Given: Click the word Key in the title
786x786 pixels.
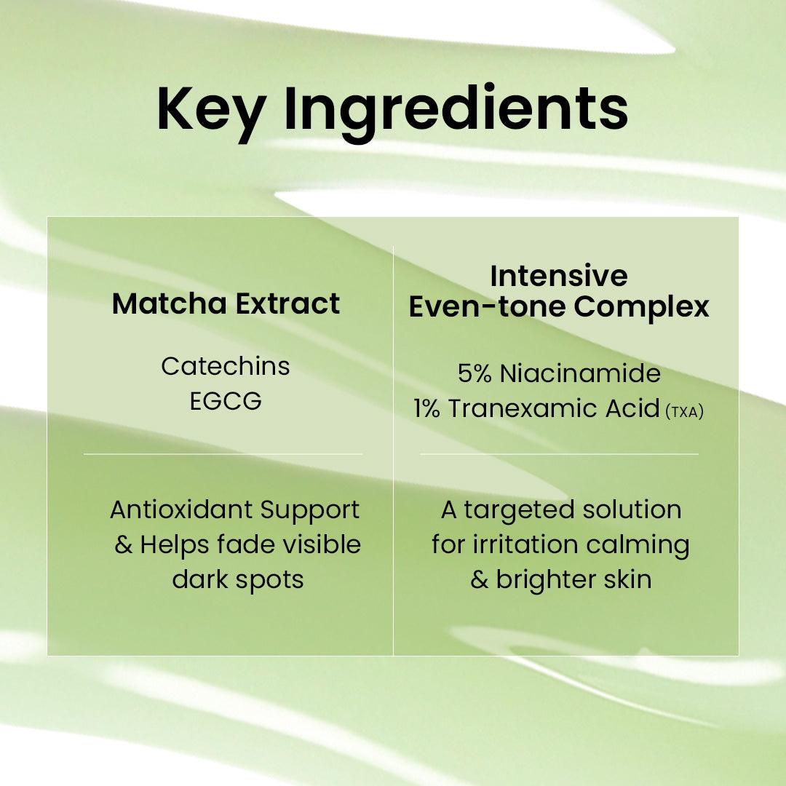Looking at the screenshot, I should tap(210, 111).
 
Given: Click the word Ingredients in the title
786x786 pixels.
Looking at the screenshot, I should tap(456, 111).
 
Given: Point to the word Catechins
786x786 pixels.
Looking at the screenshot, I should tap(225, 366).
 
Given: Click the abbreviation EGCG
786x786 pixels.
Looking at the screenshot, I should tap(226, 401).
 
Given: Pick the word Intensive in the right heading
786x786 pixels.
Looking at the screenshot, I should tap(558, 276).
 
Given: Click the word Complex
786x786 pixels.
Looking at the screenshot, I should tap(641, 306).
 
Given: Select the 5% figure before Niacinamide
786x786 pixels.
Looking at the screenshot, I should tap(475, 373).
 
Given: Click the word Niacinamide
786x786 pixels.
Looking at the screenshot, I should tap(580, 373).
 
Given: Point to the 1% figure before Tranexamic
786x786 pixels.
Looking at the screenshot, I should tap(427, 408).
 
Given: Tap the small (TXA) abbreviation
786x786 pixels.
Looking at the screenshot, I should tap(684, 411).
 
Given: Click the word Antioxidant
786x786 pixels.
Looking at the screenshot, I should tap(172, 509).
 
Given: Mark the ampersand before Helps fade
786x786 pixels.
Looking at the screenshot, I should tap(123, 544).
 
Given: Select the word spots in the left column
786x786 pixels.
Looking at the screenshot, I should tap(273, 580).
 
